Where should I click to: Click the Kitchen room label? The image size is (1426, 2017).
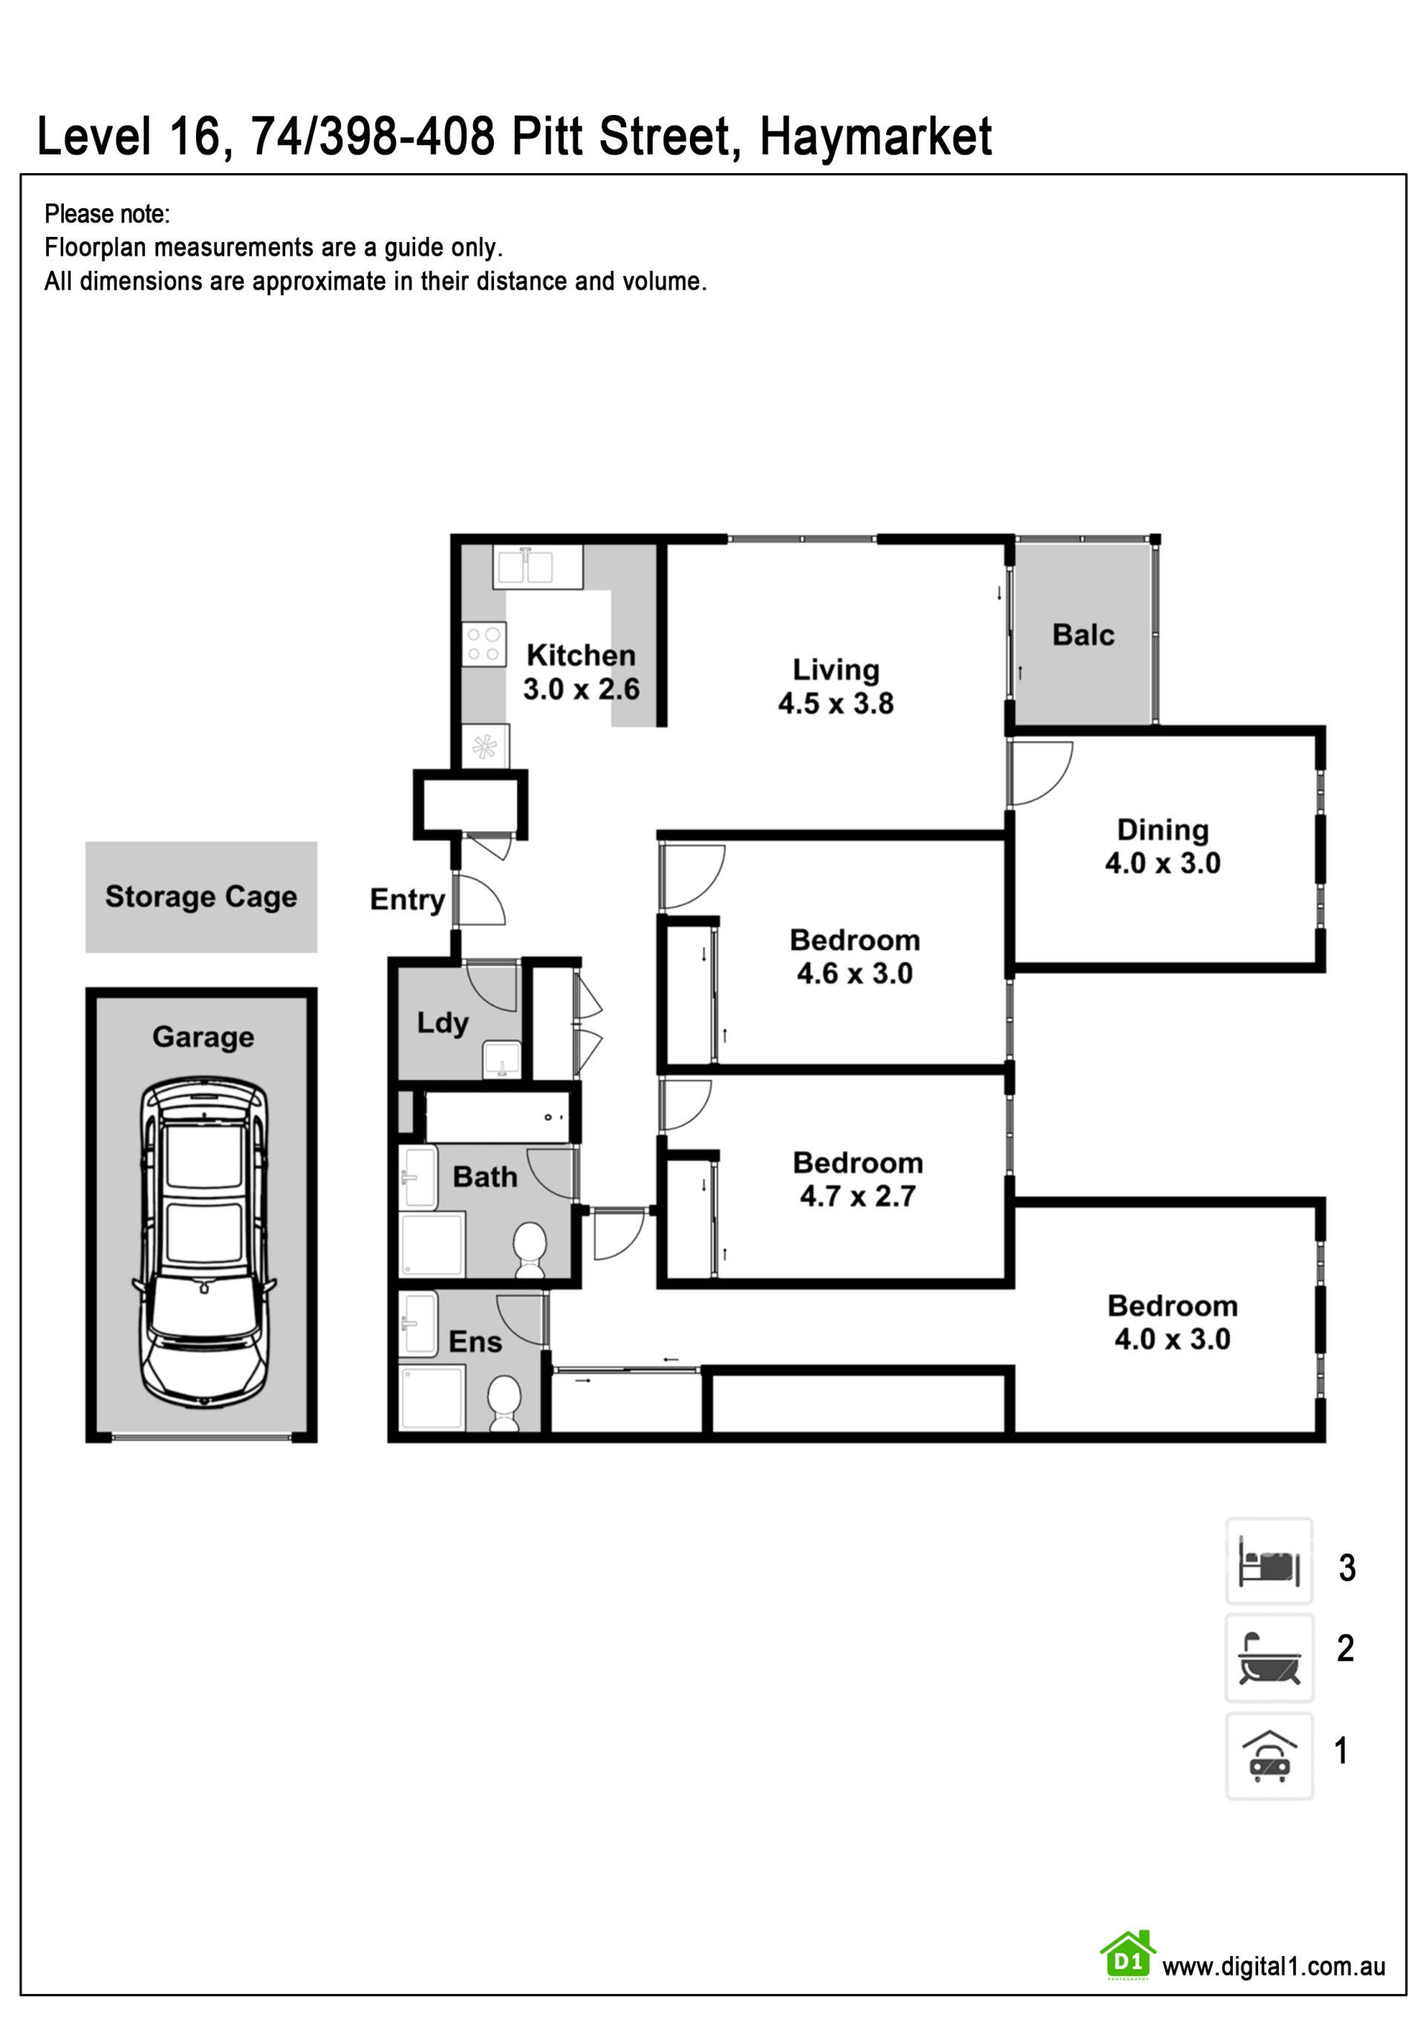[581, 654]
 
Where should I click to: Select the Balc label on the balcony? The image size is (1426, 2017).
[1084, 634]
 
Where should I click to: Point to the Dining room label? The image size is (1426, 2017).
[1162, 830]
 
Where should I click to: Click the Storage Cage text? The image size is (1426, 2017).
[201, 896]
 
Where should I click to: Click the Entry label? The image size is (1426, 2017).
[408, 899]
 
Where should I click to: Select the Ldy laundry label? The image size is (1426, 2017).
[443, 1023]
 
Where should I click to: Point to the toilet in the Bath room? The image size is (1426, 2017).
[530, 1249]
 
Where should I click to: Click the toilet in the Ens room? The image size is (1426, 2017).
[504, 1403]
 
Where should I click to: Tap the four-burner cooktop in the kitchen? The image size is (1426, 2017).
[484, 644]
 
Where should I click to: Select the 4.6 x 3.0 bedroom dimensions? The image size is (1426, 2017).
[855, 974]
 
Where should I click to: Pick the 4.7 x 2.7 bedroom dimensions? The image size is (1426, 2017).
[858, 1196]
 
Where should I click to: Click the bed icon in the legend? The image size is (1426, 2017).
[1269, 1561]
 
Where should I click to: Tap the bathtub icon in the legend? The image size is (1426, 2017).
[1269, 1658]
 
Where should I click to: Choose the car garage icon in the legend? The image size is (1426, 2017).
[1269, 1755]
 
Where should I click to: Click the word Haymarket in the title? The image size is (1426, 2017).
[875, 137]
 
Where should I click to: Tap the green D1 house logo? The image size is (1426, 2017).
[1127, 1955]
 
